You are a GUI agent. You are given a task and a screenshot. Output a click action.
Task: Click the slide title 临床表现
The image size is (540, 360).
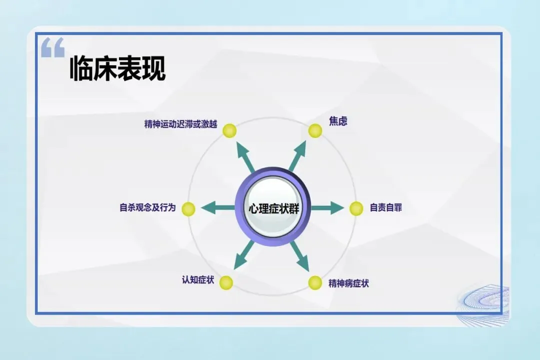coord(117,68)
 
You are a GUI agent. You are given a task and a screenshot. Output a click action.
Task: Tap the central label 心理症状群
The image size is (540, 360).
coord(273,208)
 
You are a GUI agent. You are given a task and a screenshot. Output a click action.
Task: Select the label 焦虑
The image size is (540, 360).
coord(338,121)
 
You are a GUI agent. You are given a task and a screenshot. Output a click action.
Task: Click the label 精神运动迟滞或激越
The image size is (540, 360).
coord(180,124)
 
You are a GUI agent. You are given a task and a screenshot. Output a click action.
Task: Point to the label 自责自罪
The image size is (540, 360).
coord(385,207)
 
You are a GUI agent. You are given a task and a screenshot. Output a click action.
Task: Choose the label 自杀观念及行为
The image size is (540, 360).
coord(147,207)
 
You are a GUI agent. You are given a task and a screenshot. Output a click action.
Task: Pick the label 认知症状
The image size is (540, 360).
coord(198,280)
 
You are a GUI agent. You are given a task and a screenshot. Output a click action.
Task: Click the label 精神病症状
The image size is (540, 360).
coord(348,283)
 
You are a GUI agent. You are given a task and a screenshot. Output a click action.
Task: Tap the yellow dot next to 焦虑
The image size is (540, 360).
coord(315,131)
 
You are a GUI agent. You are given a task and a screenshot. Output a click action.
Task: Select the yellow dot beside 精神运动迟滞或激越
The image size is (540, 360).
coord(229,131)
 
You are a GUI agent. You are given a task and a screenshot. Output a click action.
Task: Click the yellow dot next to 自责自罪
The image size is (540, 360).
coord(356,208)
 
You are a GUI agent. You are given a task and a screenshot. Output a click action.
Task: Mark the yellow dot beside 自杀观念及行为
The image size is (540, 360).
coord(188,209)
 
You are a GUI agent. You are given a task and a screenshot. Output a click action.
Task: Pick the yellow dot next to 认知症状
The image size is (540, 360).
coord(226,282)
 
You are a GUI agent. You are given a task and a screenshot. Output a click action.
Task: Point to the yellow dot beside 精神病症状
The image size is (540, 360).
coord(315,282)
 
